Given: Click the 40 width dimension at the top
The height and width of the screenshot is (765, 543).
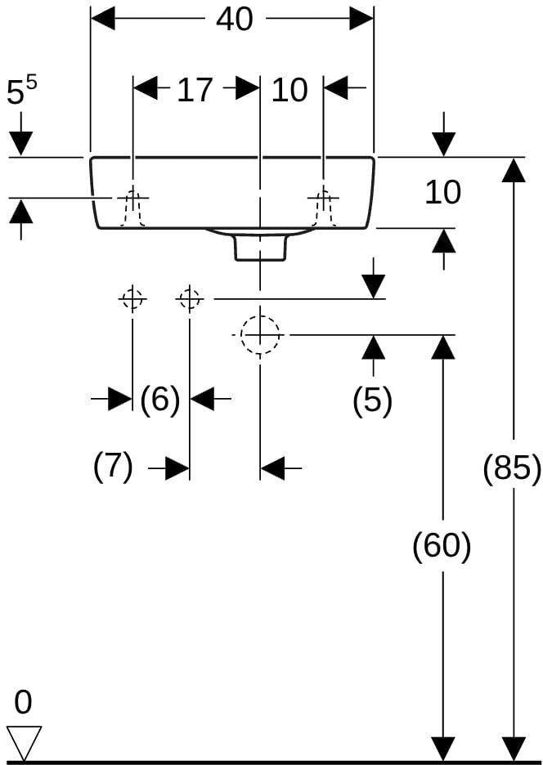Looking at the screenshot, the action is [235, 20].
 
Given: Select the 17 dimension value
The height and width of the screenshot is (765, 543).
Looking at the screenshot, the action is [195, 90].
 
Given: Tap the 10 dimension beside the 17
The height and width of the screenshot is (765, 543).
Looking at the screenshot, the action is [289, 90].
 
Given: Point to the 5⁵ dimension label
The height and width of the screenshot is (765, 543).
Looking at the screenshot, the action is [21, 91].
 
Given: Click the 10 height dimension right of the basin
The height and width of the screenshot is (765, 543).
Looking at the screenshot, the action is [442, 192].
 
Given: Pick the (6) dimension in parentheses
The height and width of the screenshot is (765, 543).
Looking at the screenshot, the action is [160, 399].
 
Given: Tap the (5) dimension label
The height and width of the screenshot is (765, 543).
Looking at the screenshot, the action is [373, 400].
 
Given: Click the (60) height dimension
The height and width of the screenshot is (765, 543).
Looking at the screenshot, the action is [442, 545].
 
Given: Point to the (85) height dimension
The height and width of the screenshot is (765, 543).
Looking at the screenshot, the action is [512, 467].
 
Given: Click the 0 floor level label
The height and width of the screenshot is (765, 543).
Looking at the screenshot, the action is [23, 703].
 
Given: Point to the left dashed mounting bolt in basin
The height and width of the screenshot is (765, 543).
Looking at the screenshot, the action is [132, 208].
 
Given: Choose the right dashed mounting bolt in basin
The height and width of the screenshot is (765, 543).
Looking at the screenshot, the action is [323, 208].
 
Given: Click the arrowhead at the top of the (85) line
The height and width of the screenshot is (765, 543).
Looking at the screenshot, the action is [514, 169].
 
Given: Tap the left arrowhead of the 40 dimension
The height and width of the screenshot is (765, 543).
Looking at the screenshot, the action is [102, 19].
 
